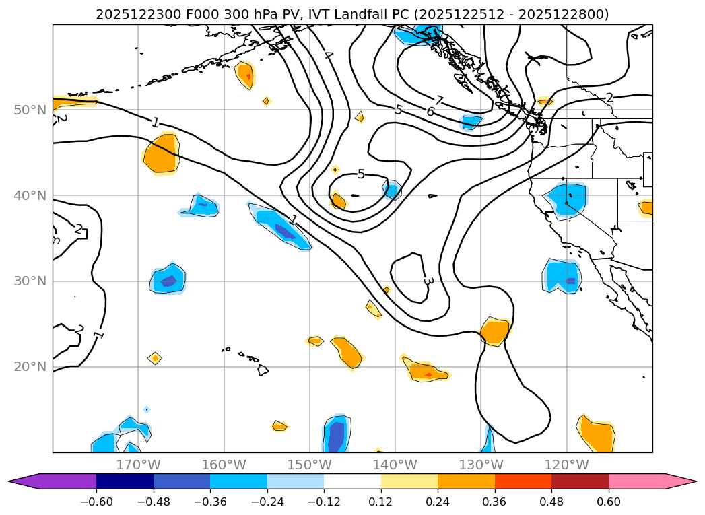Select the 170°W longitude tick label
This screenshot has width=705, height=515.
[138, 465]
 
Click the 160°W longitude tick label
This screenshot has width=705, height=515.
[224, 465]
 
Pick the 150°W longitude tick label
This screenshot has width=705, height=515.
[310, 465]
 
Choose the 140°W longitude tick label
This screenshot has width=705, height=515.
[395, 465]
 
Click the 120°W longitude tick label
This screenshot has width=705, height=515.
[567, 465]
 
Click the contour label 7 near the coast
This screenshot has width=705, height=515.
[439, 101]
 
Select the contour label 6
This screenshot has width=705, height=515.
[430, 112]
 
